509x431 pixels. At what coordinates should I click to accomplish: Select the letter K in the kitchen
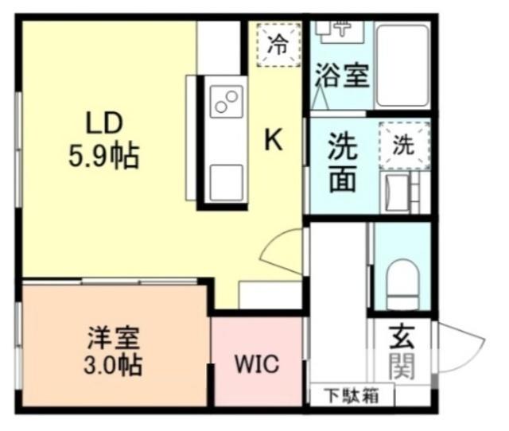click(x=273, y=141)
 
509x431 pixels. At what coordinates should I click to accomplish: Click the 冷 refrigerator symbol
click(x=277, y=44)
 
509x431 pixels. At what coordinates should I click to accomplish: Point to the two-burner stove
click(x=226, y=103)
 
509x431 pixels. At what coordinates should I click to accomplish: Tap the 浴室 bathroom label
click(x=342, y=76)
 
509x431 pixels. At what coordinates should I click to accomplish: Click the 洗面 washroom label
click(x=343, y=165)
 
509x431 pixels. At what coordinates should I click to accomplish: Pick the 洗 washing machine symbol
click(x=404, y=146)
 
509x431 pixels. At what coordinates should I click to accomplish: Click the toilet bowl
click(x=402, y=284)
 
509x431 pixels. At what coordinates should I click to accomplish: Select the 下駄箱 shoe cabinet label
click(x=351, y=394)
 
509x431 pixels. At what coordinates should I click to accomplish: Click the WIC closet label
click(x=256, y=365)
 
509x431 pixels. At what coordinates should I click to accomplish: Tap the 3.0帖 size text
click(x=114, y=367)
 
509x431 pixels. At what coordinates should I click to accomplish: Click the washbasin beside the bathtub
click(x=337, y=28)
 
